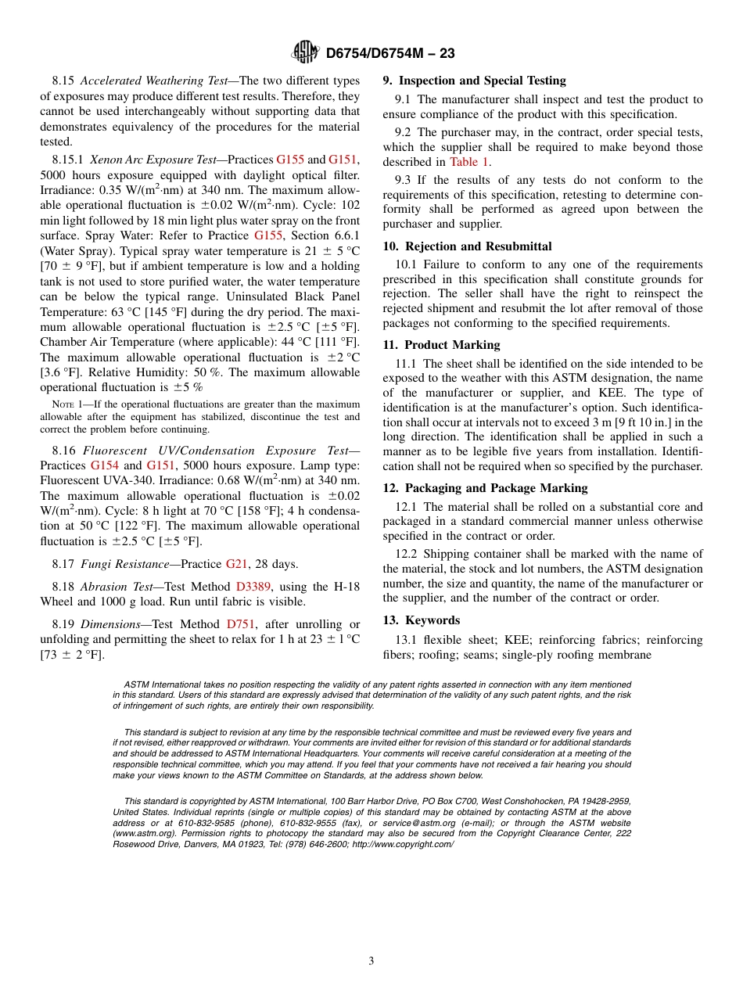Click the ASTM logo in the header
click(305, 52)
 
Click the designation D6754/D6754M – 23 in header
click(389, 53)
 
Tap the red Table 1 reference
click(469, 162)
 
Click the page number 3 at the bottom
click(371, 961)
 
